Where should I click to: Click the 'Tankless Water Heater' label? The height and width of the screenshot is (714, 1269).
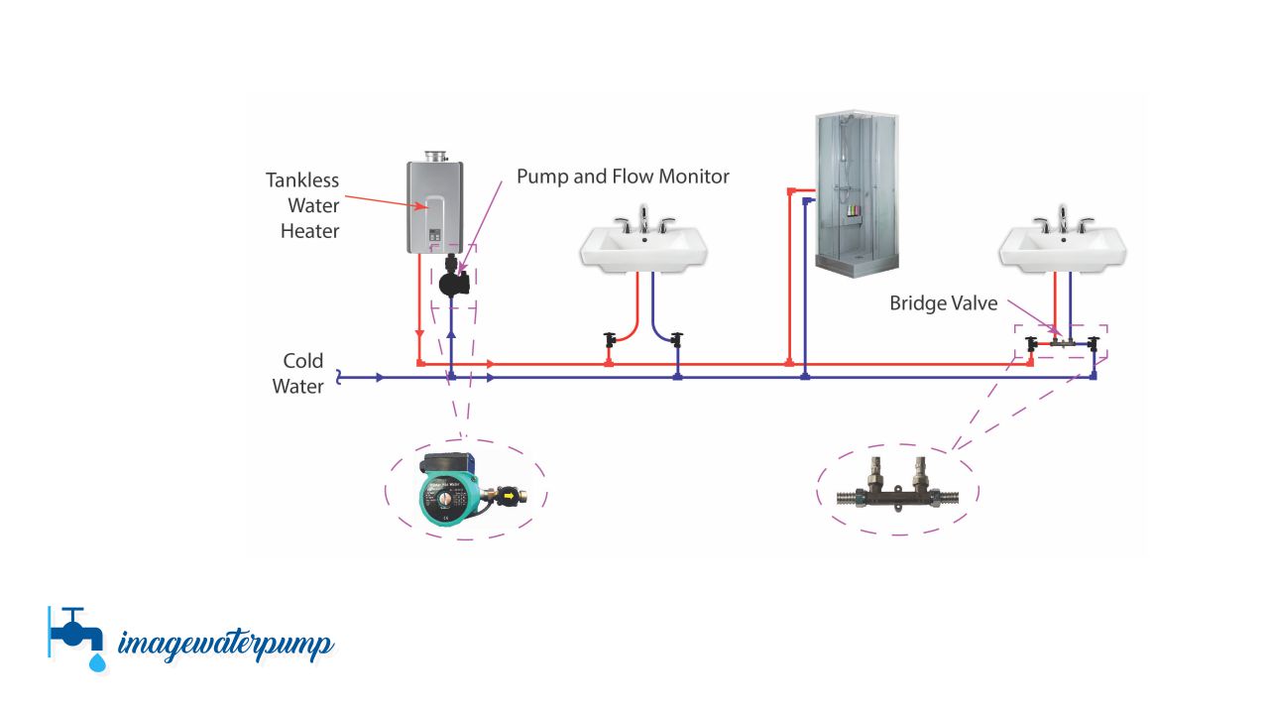click(x=302, y=206)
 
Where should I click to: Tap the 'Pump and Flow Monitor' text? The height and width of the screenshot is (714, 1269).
click(x=623, y=177)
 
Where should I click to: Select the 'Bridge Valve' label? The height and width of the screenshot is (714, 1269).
click(x=943, y=303)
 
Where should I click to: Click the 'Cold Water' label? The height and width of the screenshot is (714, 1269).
click(x=300, y=374)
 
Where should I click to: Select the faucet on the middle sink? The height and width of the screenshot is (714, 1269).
click(x=644, y=219)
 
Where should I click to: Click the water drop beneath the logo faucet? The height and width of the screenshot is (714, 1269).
click(x=97, y=661)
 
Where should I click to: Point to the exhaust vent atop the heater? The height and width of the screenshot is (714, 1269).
click(x=437, y=157)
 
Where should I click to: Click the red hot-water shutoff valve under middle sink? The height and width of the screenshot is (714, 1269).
click(x=610, y=340)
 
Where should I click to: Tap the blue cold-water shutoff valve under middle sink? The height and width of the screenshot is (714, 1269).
click(x=677, y=340)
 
